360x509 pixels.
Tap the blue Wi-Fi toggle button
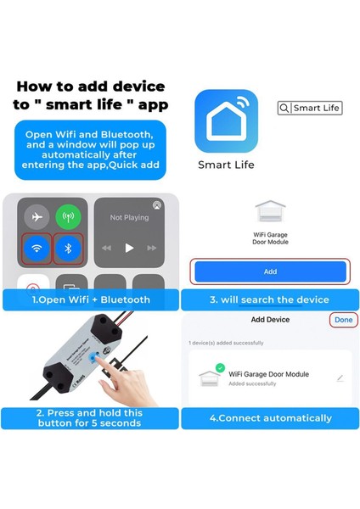(37, 250)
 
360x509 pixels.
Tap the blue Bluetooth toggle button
(69, 250)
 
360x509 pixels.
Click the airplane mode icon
(37, 217)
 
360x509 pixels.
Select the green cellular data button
(69, 217)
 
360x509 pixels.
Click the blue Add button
(270, 271)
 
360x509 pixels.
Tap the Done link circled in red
(343, 320)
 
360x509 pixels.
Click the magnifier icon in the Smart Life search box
(284, 108)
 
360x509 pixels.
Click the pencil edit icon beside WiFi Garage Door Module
(340, 378)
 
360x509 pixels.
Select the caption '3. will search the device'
(270, 299)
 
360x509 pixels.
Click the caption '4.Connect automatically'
(270, 417)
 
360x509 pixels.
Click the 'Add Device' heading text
(270, 320)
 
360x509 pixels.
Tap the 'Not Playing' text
(129, 218)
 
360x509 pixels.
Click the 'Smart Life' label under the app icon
(225, 165)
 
